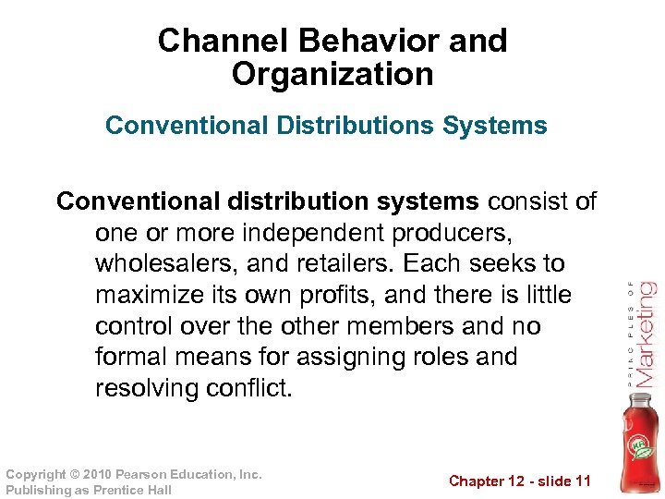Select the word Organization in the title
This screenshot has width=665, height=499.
(x=332, y=74)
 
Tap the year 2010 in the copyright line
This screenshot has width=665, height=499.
(x=91, y=474)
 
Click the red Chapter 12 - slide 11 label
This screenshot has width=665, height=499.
(x=519, y=481)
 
